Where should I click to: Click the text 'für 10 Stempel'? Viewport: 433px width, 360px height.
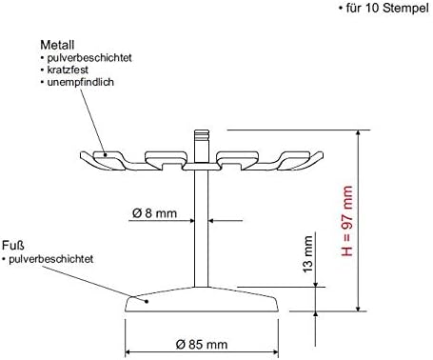coord(383,9)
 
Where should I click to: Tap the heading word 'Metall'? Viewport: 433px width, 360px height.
coord(55,45)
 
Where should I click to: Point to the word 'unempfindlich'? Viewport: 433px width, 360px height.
coord(76,83)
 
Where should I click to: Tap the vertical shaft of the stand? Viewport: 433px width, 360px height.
coord(202,229)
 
